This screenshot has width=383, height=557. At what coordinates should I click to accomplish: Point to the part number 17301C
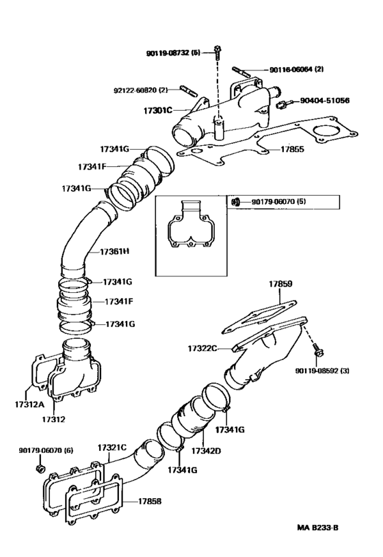point(159,109)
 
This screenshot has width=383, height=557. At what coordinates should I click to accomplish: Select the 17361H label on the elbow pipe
point(114,252)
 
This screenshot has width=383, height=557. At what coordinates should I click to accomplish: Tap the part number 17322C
point(202,348)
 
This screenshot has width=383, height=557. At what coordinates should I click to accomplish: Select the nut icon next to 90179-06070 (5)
point(234,202)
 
